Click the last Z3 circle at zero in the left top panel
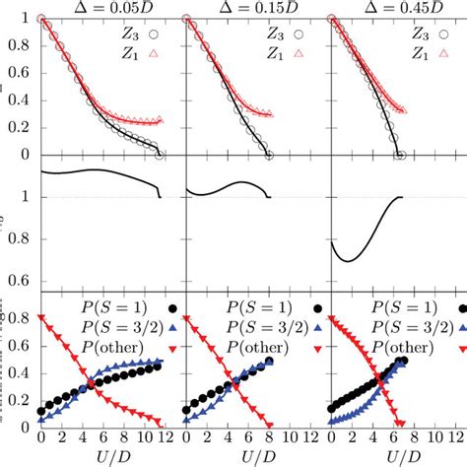(160, 155)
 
